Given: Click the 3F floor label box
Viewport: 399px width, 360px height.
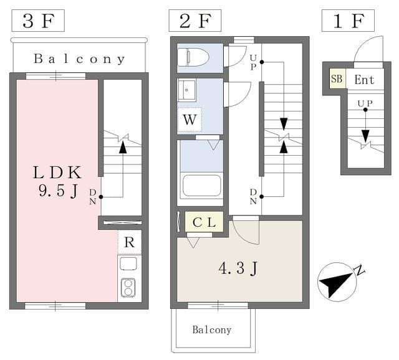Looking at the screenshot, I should click(37, 21).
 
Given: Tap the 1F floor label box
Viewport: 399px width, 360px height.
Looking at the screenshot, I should click(348, 21).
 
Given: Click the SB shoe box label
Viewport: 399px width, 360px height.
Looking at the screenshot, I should click(337, 79).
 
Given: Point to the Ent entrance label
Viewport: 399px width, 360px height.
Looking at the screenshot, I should click(364, 79).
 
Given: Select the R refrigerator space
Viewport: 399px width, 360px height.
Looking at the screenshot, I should click(129, 242).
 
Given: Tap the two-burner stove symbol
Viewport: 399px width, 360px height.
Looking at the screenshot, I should click(129, 288).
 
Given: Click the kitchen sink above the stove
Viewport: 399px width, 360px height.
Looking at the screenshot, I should click(129, 264).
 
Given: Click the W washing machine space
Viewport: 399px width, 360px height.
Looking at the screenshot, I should click(190, 120).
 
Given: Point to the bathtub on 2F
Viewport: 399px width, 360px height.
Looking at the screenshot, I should click(201, 185).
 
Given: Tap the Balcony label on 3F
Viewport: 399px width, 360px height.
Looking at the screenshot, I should click(79, 60).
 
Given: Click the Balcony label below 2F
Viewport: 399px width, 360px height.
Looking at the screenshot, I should click(211, 329).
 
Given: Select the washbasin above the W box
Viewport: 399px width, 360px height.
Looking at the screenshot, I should click(187, 92).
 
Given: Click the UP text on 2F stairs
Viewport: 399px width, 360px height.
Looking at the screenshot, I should click(253, 62).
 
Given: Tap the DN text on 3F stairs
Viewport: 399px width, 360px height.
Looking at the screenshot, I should click(92, 196).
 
